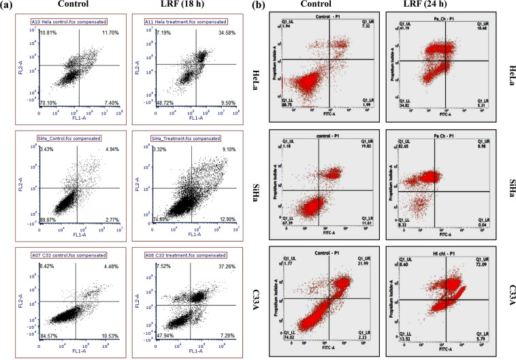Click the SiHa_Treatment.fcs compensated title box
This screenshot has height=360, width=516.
pyautogui.click(x=180, y=138)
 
